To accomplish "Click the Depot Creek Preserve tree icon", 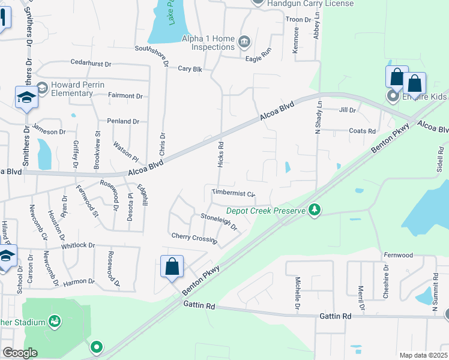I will coord(313,209).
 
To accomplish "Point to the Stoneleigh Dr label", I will coord(219,222).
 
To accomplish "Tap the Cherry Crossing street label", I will coord(194,238).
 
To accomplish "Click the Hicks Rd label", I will coord(220,154).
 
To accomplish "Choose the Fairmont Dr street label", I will coord(125,95).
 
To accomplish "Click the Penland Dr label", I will coord(123,121).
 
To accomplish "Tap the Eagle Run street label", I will coord(258,58).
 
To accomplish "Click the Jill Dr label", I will coord(348,110).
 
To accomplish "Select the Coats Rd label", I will coord(362,131).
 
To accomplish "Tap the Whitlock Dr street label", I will coord(78,245).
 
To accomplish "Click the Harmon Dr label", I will coord(79,281).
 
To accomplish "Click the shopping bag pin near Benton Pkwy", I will coord(172,268).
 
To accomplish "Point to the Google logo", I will coord(20,353).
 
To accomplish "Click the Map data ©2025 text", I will coord(423,355).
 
